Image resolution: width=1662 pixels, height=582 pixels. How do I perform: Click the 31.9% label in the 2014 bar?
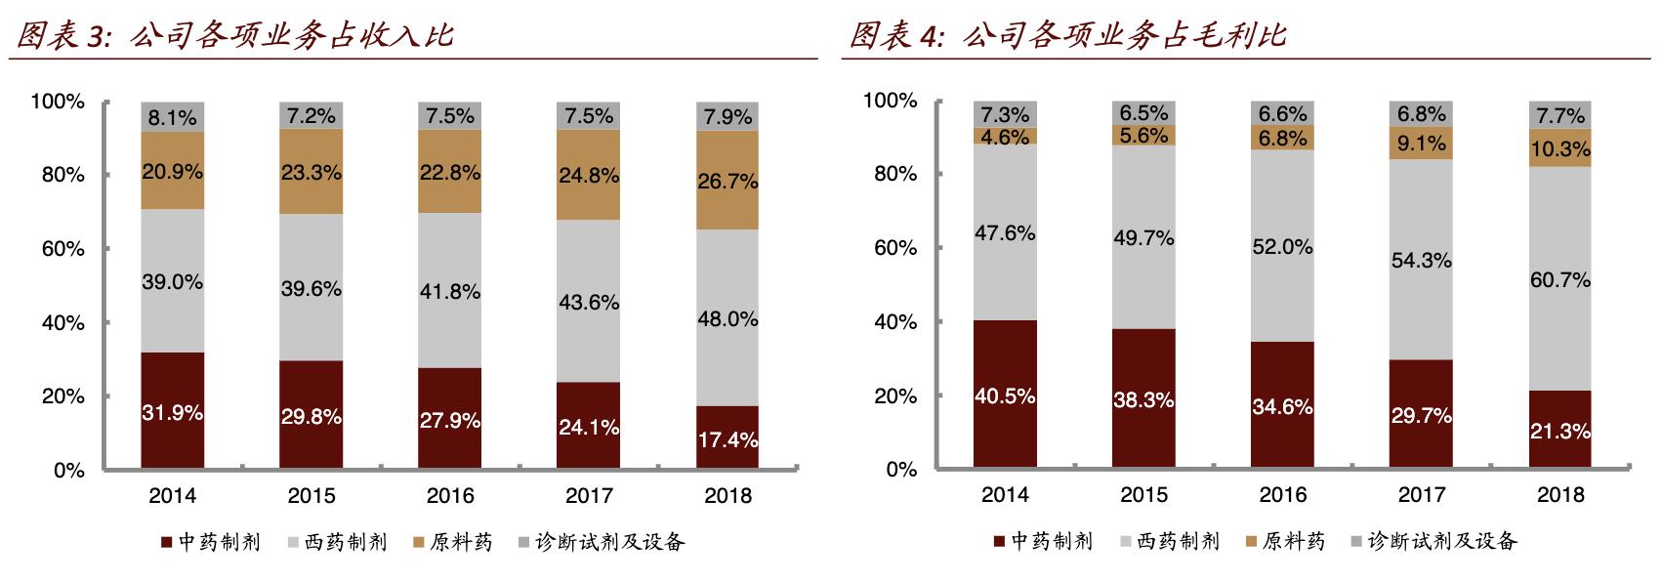click(173, 413)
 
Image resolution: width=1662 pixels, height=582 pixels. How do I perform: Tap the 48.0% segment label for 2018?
click(727, 319)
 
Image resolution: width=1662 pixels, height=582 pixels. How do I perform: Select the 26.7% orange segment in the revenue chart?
click(727, 182)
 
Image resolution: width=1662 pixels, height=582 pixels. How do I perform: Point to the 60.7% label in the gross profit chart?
click(1560, 280)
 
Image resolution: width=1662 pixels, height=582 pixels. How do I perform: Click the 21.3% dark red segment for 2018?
click(1560, 431)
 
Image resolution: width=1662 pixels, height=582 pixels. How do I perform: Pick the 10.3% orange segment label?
click(1560, 149)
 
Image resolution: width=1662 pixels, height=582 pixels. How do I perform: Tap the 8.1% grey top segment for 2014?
click(173, 118)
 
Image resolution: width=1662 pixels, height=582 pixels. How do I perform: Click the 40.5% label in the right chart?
click(1004, 396)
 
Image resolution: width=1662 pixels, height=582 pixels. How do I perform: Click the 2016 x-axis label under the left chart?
click(450, 496)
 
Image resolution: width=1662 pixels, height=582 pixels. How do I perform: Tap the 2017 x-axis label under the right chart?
click(1421, 496)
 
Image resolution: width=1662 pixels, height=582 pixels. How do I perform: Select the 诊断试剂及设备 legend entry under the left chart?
click(600, 542)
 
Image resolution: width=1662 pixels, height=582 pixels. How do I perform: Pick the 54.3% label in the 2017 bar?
click(1421, 261)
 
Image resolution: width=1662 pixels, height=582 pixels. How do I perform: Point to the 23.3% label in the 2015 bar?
click(312, 173)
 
